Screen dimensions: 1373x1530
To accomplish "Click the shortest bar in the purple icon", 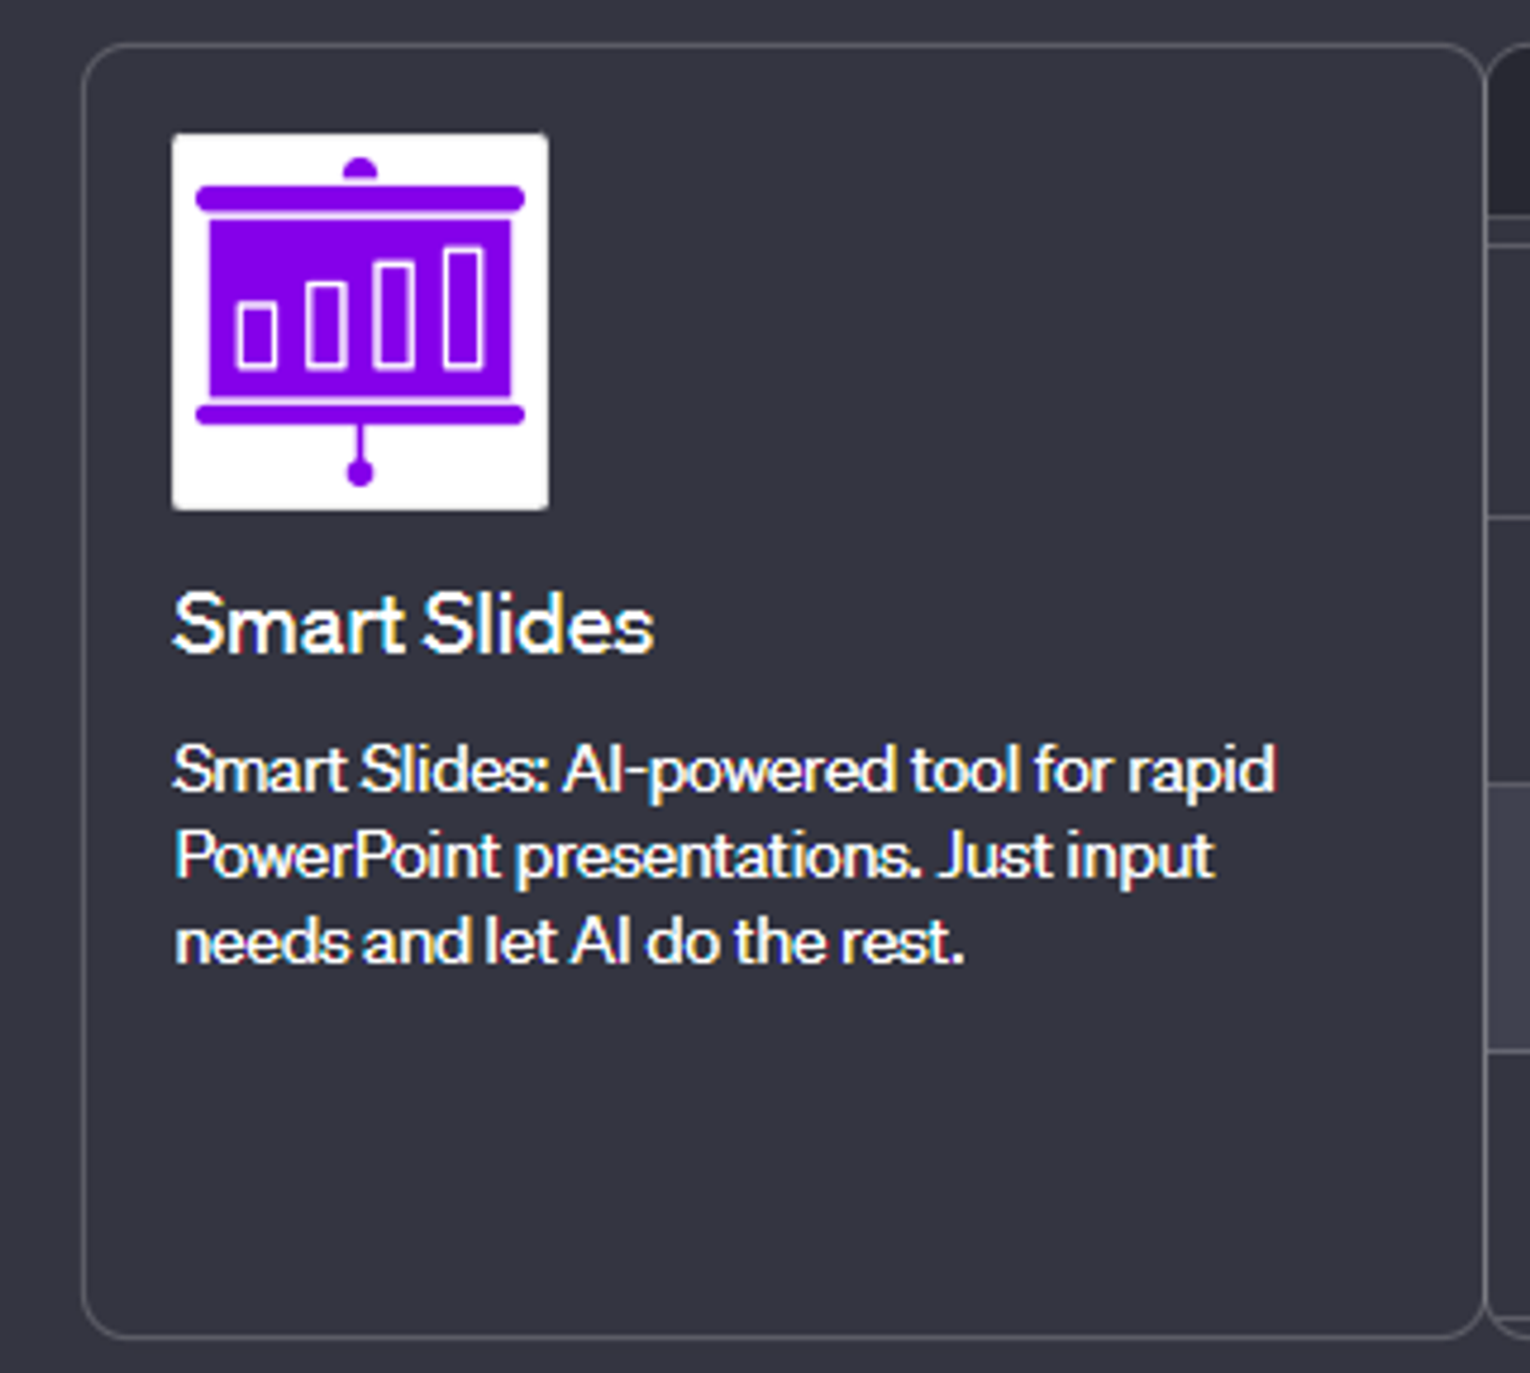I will coord(256,337).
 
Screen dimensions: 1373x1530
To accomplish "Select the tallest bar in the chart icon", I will coord(463,308).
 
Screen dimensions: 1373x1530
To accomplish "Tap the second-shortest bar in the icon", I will coord(326,325).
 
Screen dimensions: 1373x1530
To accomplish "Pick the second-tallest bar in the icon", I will coord(394,316).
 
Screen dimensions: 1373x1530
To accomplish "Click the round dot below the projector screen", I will coord(360,474).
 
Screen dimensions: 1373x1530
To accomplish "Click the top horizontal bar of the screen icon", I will coord(360,198).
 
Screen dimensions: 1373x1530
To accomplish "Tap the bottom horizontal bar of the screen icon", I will coord(360,414).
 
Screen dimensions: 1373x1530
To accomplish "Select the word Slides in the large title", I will coord(538,625).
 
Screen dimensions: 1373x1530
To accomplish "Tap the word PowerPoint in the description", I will coord(336,857).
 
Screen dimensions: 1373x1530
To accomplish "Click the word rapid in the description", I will coord(1202,771).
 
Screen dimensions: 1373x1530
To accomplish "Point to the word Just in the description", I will coord(993,857).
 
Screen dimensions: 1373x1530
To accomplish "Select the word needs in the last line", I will coord(262,943).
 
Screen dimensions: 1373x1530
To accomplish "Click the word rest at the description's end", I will coord(901,943).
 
